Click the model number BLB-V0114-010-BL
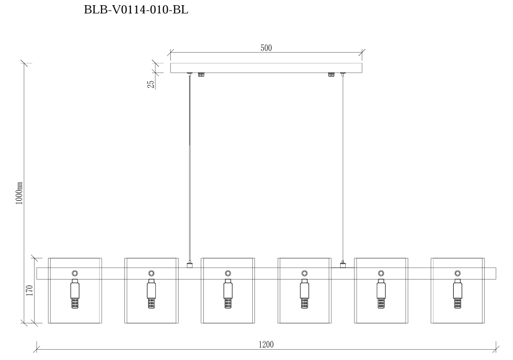(x=136, y=10)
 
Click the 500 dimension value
(x=266, y=48)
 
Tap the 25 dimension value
(x=151, y=84)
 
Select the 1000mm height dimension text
(x=19, y=192)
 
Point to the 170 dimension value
(x=29, y=290)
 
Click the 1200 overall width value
(x=266, y=344)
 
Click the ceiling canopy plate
(x=266, y=68)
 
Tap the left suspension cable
(x=190, y=165)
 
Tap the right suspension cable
(x=343, y=165)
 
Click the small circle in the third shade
(x=228, y=273)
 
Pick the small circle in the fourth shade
(x=304, y=273)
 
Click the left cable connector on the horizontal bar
(x=190, y=265)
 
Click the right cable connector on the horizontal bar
(x=343, y=265)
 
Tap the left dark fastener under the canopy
(x=201, y=75)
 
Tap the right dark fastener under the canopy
(x=331, y=75)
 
